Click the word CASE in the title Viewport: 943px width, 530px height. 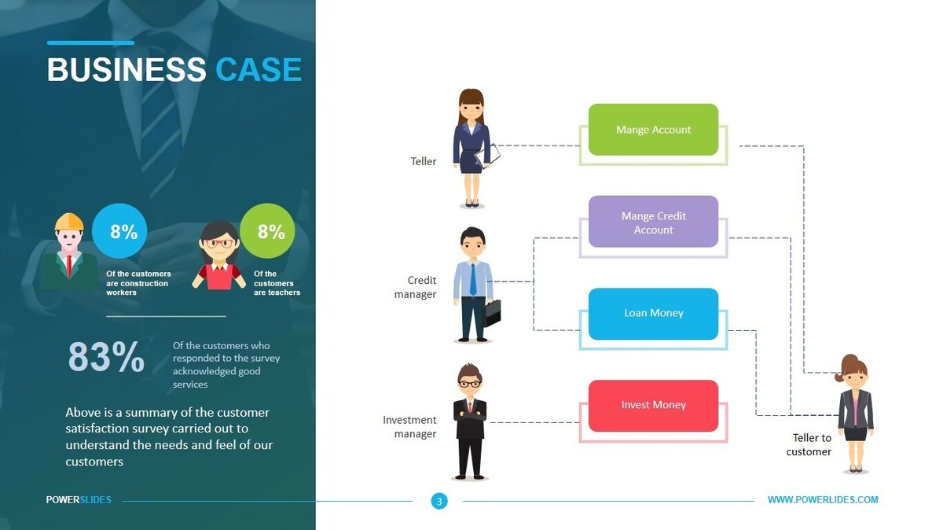tap(259, 70)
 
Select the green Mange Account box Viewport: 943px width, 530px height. tap(653, 130)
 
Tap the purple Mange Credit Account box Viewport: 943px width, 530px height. tap(653, 222)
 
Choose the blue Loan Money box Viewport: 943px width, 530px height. tap(653, 313)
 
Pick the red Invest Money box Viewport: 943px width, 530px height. tap(653, 405)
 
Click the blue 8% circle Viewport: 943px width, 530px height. tap(123, 231)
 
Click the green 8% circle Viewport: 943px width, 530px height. tap(271, 231)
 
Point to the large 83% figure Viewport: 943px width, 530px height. tap(106, 357)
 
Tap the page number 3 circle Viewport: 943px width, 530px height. tap(438, 501)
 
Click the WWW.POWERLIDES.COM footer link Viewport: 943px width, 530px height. tap(823, 500)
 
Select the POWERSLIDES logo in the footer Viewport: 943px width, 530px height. tap(79, 500)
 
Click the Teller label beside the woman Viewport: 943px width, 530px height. tap(424, 161)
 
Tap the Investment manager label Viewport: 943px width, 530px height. tap(410, 427)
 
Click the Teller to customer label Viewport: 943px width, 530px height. tap(809, 445)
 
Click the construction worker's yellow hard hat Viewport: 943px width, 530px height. tap(69, 222)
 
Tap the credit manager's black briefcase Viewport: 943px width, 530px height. tap(492, 313)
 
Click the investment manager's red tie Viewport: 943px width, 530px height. tap(470, 406)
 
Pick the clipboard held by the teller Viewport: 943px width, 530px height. tap(489, 156)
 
